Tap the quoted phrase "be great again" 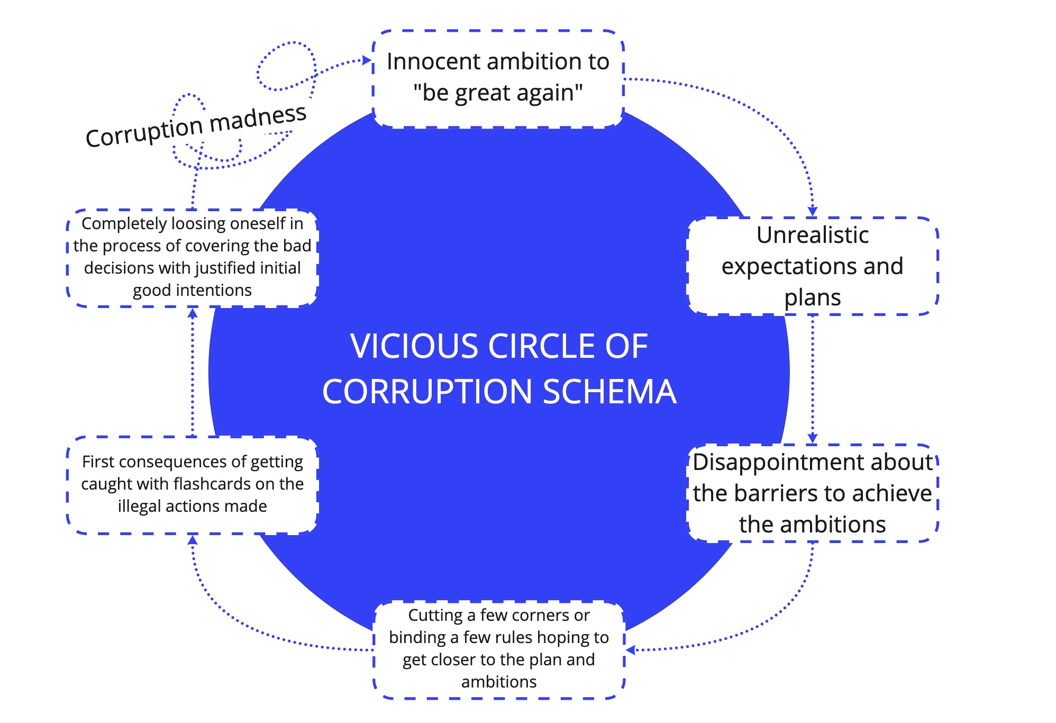[x=498, y=93]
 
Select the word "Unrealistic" [x=812, y=235]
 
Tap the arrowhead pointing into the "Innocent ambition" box [x=367, y=60]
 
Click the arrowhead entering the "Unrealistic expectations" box [x=812, y=211]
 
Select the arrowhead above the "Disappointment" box [x=812, y=438]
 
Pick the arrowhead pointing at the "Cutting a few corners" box [x=631, y=649]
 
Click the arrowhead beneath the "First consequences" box [x=193, y=539]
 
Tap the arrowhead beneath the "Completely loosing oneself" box [x=193, y=313]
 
